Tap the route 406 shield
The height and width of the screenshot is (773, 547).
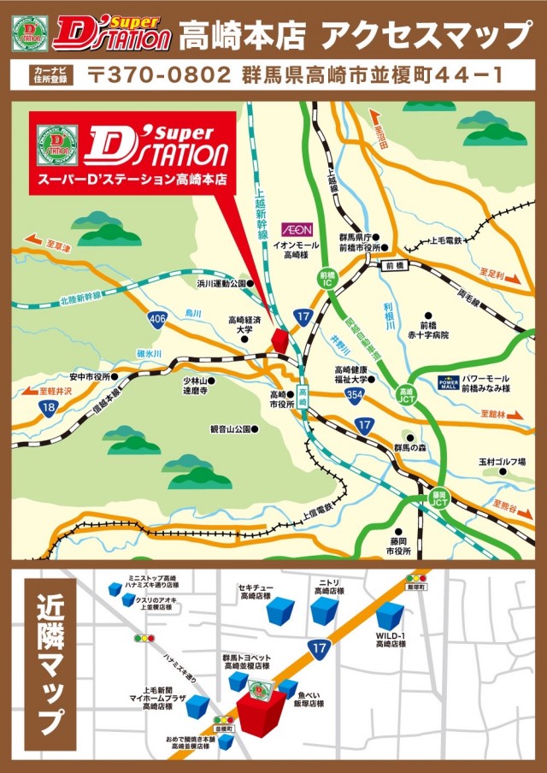[156, 318]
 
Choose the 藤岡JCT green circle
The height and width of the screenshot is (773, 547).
[439, 499]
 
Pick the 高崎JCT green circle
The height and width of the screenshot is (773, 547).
[407, 396]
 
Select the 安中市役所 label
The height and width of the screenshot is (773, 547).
[91, 376]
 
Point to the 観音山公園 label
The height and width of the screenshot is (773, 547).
[230, 428]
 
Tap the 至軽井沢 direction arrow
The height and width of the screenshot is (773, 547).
[51, 392]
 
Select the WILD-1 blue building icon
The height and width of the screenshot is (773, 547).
[390, 617]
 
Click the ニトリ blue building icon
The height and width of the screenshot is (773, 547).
[325, 611]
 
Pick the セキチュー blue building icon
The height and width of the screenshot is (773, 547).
[279, 611]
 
